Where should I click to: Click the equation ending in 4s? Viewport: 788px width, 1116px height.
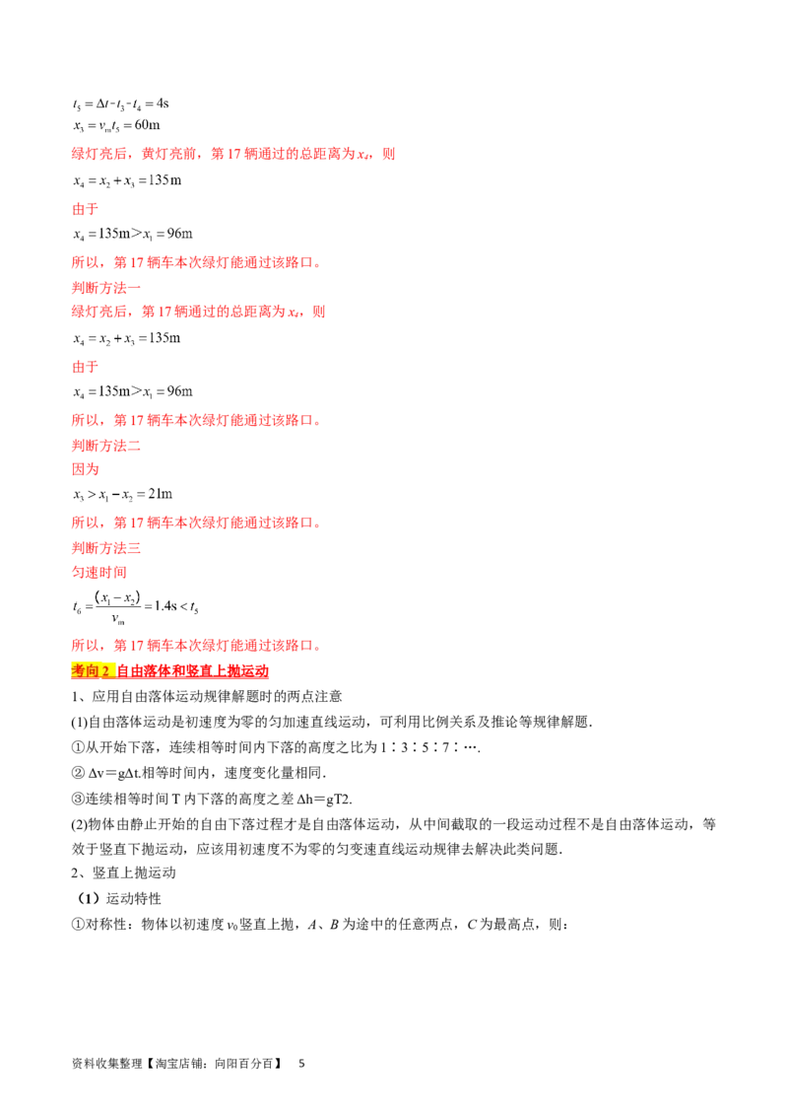click(x=120, y=104)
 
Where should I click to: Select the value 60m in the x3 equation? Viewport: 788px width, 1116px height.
click(x=147, y=125)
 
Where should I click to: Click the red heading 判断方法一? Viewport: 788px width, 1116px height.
click(x=106, y=288)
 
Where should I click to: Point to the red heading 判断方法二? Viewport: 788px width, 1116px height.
click(x=106, y=446)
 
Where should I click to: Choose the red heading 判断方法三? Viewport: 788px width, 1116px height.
click(x=106, y=548)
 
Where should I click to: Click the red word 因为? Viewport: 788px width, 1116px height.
click(x=86, y=469)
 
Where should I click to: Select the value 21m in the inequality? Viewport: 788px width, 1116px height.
click(x=160, y=494)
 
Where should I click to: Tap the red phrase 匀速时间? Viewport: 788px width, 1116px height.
click(x=98, y=572)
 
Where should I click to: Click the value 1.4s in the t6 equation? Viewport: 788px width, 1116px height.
click(x=165, y=606)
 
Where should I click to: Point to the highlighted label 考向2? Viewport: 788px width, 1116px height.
click(x=91, y=670)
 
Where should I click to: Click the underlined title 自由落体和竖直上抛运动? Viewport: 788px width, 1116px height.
click(x=192, y=670)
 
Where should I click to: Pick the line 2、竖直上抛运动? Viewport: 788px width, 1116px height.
click(x=123, y=872)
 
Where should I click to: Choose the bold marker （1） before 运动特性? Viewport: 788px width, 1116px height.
click(x=89, y=898)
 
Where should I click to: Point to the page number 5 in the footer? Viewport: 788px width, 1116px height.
click(x=301, y=1064)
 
